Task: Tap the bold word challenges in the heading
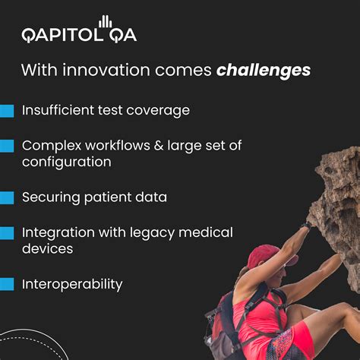click(263, 71)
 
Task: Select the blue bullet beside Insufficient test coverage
click(7, 111)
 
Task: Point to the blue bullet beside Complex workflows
click(7, 146)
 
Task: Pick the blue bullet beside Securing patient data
click(7, 197)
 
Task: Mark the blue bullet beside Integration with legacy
click(7, 232)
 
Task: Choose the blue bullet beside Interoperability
click(7, 285)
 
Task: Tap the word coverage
click(160, 111)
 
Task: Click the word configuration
click(67, 163)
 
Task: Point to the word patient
click(109, 197)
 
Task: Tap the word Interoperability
click(72, 285)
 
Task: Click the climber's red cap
click(263, 257)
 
